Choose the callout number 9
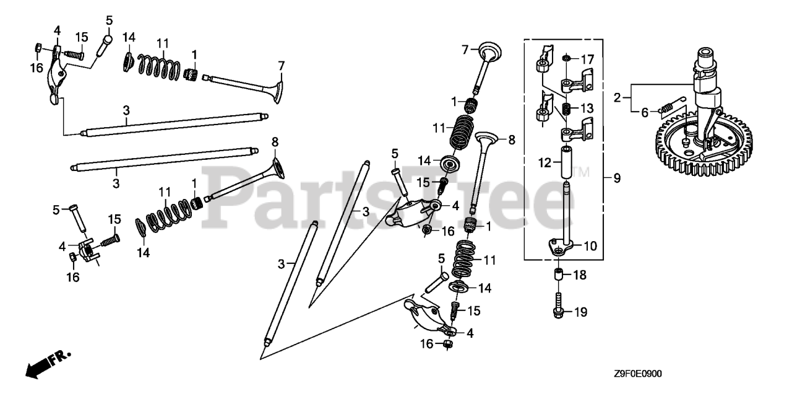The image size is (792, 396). click(616, 178)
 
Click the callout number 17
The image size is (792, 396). click(587, 60)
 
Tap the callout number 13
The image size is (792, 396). click(587, 108)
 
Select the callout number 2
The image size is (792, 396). click(617, 97)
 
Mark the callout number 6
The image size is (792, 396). click(644, 112)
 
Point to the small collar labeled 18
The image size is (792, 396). click(559, 275)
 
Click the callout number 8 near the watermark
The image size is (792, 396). click(512, 140)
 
